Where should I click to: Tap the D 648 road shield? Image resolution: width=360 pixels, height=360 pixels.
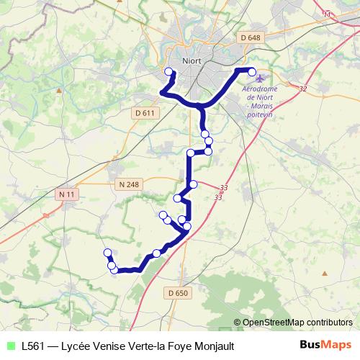[x=251, y=37]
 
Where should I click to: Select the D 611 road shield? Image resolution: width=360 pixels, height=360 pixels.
[x=145, y=112]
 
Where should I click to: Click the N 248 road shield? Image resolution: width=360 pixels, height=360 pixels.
[x=129, y=185]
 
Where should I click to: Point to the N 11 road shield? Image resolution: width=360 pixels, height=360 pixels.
[x=67, y=194]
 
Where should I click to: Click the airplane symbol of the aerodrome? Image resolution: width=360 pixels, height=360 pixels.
[x=260, y=78]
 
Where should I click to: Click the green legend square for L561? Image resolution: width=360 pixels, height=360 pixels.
[x=9, y=346]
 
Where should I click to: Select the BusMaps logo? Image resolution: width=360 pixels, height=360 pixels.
[x=325, y=346]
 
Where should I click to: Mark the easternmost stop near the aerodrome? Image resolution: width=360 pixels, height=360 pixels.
[x=252, y=71]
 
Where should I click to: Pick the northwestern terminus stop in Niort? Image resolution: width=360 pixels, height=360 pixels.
[x=169, y=71]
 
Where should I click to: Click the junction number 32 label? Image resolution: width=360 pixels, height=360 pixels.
[x=302, y=89]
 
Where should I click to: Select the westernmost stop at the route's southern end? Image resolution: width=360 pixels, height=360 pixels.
[x=107, y=253]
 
